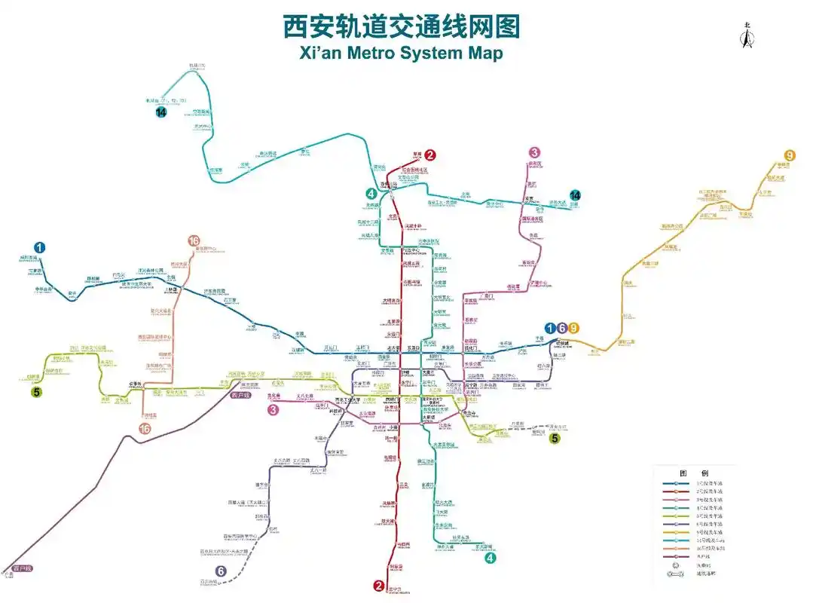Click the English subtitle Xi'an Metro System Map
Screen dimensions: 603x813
pos(401,53)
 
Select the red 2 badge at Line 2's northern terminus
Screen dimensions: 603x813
pos(429,155)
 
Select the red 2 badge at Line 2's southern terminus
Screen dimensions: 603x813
pos(379,586)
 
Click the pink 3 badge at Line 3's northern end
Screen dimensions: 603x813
pos(534,152)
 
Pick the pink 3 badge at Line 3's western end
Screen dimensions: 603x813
pos(274,410)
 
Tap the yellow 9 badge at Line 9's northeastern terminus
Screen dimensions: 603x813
pos(790,155)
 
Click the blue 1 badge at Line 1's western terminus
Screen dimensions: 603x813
pos(39,247)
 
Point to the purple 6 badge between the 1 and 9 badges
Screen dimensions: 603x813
pos(562,328)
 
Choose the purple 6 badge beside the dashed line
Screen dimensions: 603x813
pos(221,571)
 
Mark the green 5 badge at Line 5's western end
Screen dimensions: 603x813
pos(35,391)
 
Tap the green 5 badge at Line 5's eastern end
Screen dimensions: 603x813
pos(555,438)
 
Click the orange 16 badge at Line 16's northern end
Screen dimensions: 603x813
pos(194,241)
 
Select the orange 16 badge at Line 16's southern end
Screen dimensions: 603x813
pos(145,428)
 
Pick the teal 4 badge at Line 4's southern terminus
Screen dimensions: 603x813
pos(491,558)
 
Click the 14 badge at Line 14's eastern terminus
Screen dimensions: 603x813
pos(576,194)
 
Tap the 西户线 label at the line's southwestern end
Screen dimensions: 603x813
pos(23,568)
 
